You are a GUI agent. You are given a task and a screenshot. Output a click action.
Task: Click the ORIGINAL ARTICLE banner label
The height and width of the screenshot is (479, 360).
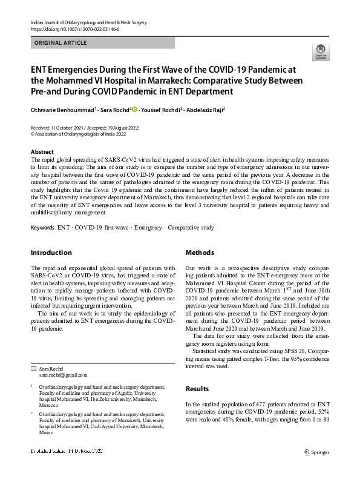(61, 43)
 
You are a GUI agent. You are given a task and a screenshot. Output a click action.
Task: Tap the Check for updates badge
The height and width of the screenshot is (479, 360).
(319, 51)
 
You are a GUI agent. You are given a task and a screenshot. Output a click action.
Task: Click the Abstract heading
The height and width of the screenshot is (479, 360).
(42, 151)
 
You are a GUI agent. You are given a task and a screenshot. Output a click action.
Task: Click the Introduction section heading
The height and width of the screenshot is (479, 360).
(51, 253)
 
